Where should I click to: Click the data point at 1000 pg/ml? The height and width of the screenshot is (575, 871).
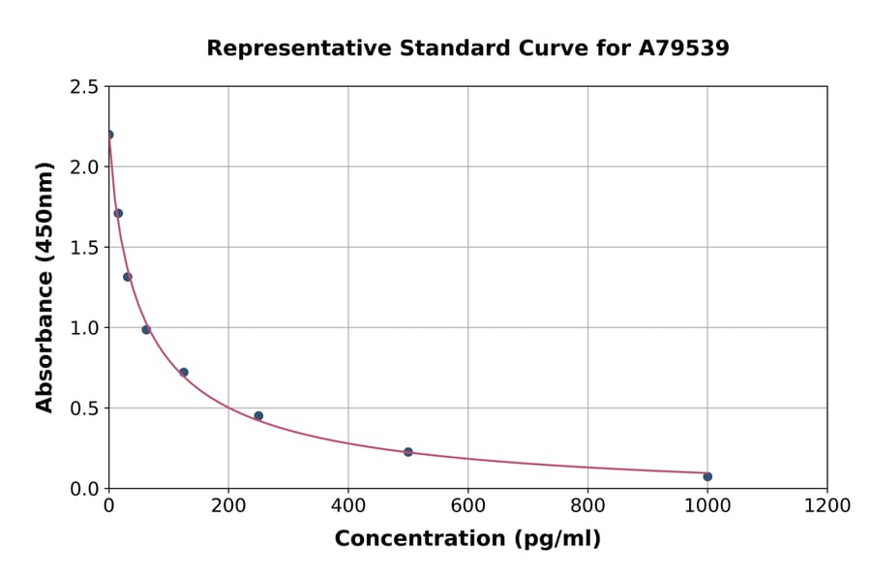[x=707, y=476]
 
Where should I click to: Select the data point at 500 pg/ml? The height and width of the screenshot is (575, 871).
[x=407, y=452]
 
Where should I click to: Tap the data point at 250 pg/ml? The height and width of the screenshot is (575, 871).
[x=258, y=416]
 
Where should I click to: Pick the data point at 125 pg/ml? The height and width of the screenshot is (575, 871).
[x=184, y=373]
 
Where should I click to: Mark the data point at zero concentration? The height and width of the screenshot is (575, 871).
[x=109, y=135]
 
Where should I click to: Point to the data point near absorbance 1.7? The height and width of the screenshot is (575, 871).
[x=118, y=213]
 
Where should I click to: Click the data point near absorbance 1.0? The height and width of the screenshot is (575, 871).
[x=146, y=330]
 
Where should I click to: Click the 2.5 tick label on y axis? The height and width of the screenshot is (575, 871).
[x=83, y=87]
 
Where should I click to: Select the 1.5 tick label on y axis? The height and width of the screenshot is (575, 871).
[x=83, y=248]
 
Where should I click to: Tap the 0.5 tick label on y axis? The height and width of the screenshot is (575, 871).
[x=83, y=409]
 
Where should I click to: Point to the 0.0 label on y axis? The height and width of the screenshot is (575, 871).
[x=83, y=489]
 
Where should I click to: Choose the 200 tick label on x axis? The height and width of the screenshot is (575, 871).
[x=228, y=505]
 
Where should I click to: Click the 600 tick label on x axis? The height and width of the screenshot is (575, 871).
[x=467, y=505]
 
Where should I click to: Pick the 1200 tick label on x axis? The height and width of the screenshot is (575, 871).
[x=826, y=505]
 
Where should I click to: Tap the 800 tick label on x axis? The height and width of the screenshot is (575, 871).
[x=587, y=505]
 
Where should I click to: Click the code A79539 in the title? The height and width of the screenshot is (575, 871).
[x=684, y=48]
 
